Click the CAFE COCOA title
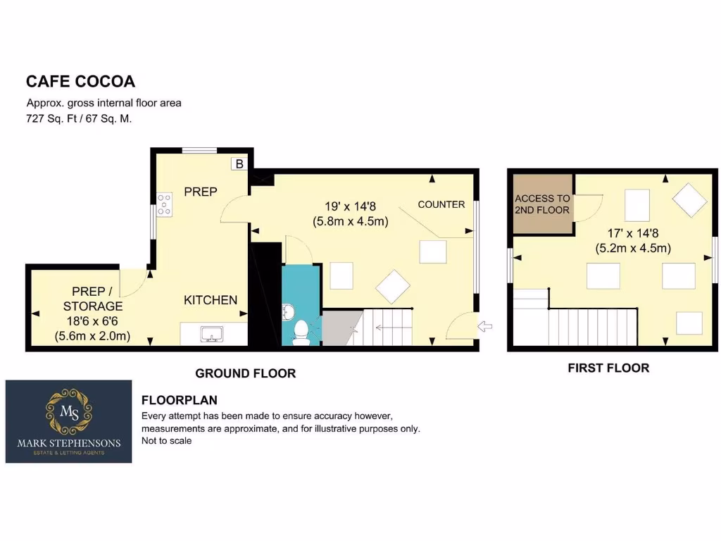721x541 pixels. (x=80, y=81)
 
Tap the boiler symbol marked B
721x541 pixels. (x=239, y=164)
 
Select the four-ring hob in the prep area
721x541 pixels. (x=165, y=204)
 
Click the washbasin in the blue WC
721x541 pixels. (x=289, y=311)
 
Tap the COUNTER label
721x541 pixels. (x=441, y=204)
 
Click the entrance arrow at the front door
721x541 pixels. (x=486, y=325)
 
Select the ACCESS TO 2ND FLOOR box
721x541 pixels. (x=542, y=204)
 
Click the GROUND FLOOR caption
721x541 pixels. (x=245, y=373)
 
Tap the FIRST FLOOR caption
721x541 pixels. (x=608, y=368)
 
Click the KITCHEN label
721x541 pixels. (x=211, y=300)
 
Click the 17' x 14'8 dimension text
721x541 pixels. (x=639, y=232)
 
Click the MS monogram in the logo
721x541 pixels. (x=68, y=413)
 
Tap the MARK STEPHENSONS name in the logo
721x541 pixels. (x=68, y=443)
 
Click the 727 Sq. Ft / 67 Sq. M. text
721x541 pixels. (x=80, y=119)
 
